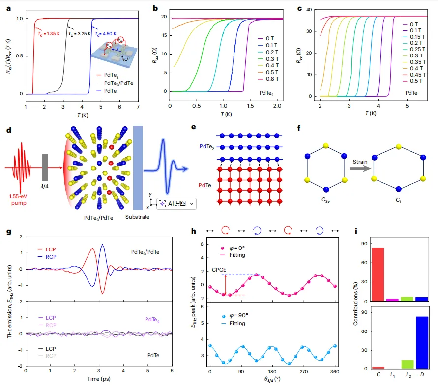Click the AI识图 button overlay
(176, 203)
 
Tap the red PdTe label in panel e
(205, 186)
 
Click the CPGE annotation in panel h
(219, 269)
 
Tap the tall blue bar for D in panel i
(421, 342)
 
